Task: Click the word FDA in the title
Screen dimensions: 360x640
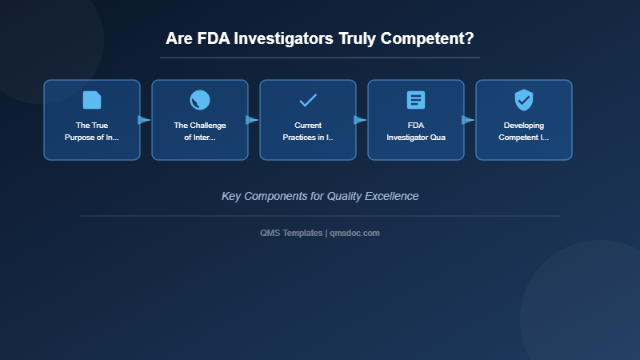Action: click(213, 38)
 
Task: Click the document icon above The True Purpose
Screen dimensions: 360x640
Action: click(92, 100)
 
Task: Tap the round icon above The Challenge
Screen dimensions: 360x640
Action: click(200, 100)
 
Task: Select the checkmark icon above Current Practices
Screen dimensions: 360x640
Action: click(308, 100)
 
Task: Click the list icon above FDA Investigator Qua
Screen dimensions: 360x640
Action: click(416, 100)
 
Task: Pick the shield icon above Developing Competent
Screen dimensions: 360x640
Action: click(524, 100)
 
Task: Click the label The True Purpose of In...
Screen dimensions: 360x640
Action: click(92, 131)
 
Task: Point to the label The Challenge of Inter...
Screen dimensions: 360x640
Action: click(200, 131)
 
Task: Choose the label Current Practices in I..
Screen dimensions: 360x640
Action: click(308, 131)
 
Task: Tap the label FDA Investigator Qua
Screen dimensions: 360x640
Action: click(416, 131)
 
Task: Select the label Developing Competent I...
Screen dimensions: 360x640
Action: click(524, 131)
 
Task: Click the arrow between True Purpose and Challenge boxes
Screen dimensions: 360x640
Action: click(145, 120)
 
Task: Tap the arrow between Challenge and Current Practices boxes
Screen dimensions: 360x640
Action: click(253, 120)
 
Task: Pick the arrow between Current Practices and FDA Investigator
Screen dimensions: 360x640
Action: click(361, 120)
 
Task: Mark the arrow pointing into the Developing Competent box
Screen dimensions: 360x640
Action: click(469, 120)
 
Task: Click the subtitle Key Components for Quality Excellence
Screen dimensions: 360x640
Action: click(320, 196)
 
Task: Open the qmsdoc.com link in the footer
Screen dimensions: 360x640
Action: click(355, 233)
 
